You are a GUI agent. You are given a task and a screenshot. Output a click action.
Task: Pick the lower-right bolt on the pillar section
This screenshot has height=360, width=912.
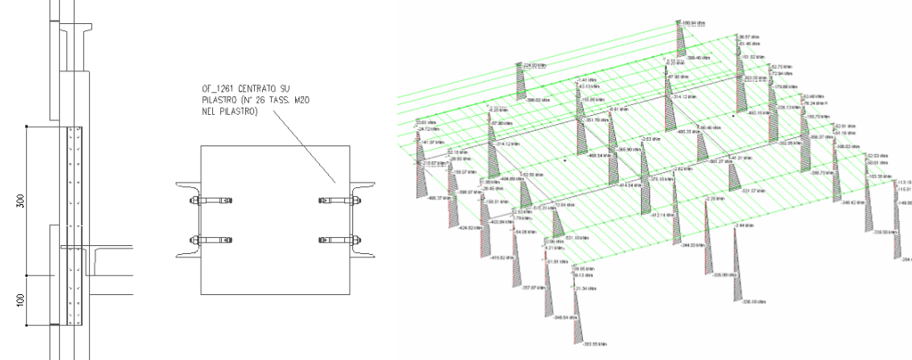(x=338, y=241)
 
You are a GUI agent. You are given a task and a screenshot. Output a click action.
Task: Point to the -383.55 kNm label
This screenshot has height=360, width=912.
(x=596, y=343)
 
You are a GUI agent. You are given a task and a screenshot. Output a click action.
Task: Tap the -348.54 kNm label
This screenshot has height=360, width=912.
(x=567, y=316)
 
